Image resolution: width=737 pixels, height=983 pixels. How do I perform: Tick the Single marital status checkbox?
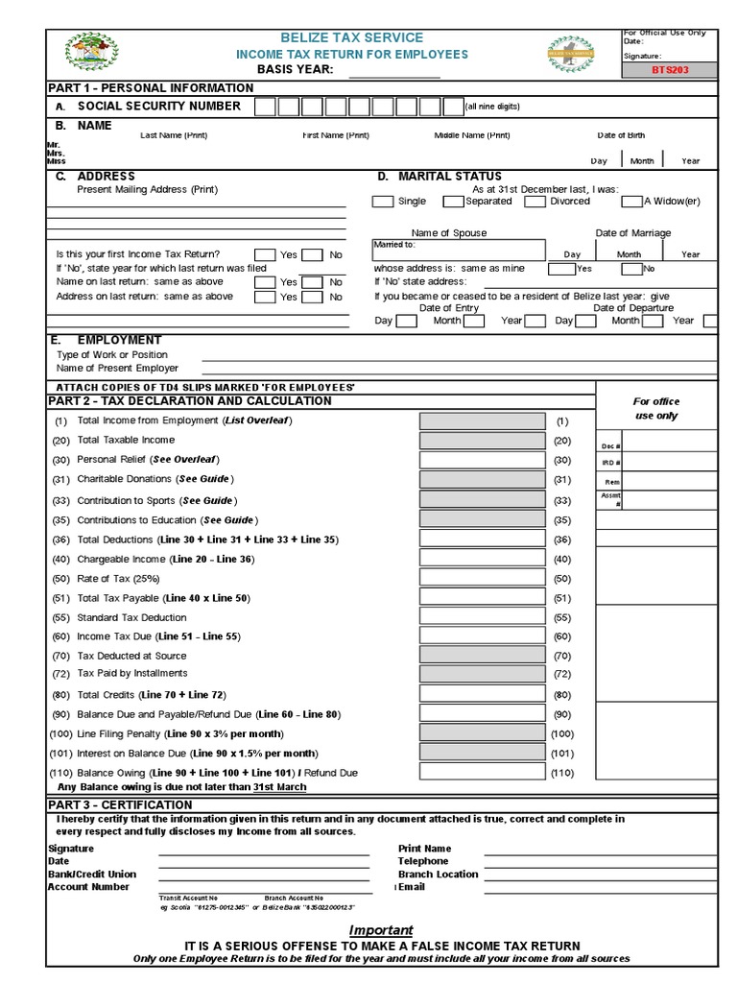pos(382,202)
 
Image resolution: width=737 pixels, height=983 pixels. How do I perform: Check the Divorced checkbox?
pos(537,202)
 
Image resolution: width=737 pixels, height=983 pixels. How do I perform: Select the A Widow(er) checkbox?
pos(631,202)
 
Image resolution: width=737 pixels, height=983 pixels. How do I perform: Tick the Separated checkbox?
pos(453,202)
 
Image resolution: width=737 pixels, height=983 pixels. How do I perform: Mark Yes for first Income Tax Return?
pos(265,255)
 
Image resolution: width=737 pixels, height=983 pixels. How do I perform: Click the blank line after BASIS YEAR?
pos(393,71)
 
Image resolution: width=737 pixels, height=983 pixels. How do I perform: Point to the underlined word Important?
pos(381,930)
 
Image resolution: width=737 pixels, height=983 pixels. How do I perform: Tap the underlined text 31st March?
pos(279,787)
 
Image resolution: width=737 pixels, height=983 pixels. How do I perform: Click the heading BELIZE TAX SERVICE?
pos(352,36)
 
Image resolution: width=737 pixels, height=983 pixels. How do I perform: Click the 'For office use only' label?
pos(656,409)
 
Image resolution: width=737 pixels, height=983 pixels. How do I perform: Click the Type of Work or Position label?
pos(112,354)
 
